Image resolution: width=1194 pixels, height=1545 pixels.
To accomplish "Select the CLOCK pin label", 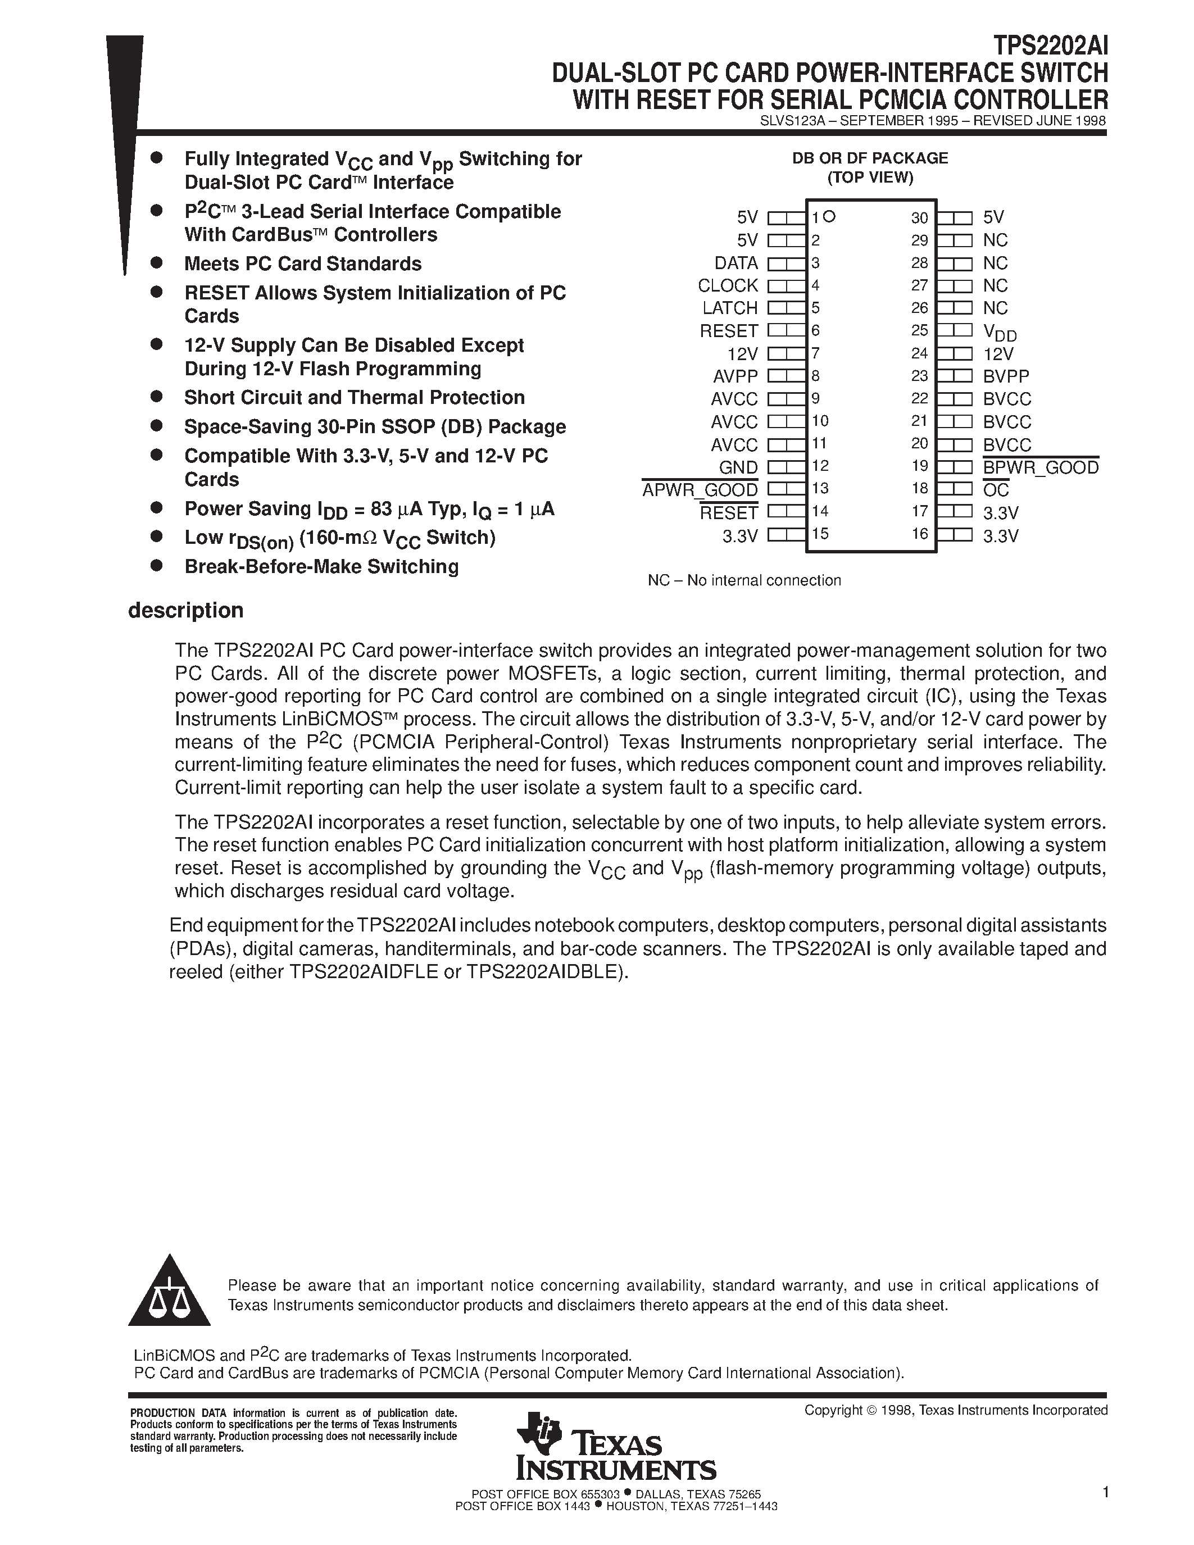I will pos(727,286).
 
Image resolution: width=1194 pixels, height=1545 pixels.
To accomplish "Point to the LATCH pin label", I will pos(729,308).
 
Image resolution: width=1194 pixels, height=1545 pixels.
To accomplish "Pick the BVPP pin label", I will pos(1006,376).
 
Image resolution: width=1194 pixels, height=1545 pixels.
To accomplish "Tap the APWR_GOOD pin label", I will pos(700,489).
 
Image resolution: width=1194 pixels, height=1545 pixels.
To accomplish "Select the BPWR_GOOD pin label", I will pos(1041,467).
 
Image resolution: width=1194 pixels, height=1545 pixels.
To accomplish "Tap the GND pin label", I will pos(738,467).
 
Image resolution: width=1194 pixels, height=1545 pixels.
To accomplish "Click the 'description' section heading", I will pos(185,611).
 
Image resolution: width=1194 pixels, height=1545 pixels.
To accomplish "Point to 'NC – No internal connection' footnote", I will pos(744,581).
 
